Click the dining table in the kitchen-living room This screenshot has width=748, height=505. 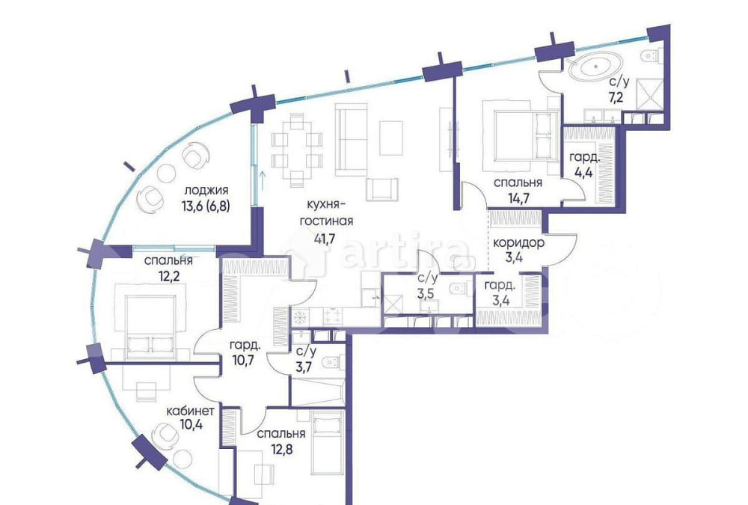(x=297, y=150)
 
